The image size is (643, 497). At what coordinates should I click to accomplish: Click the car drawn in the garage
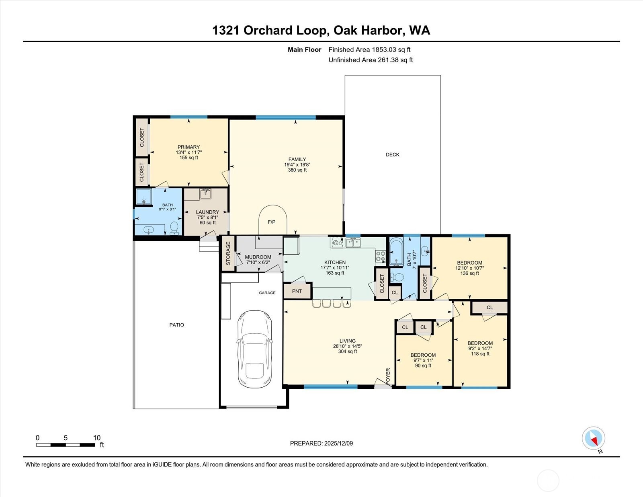255,349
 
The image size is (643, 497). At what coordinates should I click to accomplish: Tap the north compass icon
594,438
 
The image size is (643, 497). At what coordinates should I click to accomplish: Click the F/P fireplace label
272,222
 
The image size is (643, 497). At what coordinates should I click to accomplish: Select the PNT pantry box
297,291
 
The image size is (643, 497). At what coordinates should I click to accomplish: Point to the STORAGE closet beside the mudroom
228,253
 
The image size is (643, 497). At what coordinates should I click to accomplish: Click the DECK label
392,154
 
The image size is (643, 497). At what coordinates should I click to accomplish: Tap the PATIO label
176,325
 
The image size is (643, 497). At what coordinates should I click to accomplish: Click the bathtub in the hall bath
396,252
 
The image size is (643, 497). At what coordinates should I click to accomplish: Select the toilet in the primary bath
174,228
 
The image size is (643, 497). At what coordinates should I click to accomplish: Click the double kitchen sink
353,242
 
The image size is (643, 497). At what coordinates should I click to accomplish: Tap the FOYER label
388,376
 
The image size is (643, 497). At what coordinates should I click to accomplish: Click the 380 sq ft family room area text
297,170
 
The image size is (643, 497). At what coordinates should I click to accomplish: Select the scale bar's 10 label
96,438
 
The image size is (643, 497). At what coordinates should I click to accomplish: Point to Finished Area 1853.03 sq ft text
369,50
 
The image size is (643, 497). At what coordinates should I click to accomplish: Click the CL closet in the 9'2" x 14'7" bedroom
489,308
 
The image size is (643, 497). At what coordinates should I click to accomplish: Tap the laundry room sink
206,194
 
